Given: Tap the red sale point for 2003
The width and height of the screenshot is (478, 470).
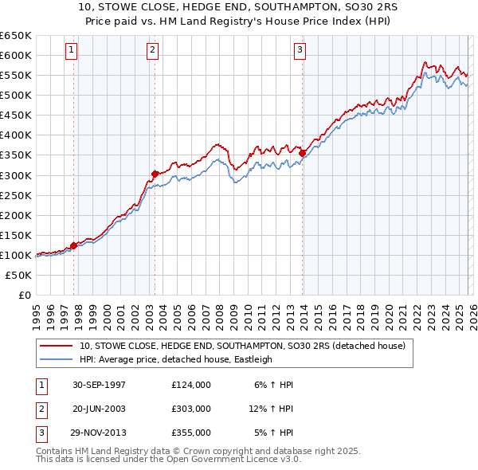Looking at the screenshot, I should tap(155, 173).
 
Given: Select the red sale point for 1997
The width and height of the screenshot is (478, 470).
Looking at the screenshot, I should tap(73, 245).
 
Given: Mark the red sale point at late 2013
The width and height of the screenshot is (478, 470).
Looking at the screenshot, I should tap(303, 152).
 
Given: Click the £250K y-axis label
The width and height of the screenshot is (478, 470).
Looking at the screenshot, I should tap(16, 195).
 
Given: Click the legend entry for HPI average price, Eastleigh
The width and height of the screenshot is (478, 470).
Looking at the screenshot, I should tap(175, 359).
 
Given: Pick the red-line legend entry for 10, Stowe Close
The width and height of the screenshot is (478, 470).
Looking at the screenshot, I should tap(242, 346).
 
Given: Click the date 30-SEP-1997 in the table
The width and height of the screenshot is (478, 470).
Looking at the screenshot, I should tap(99, 385).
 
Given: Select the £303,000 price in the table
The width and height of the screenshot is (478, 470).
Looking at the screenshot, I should tap(190, 409).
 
